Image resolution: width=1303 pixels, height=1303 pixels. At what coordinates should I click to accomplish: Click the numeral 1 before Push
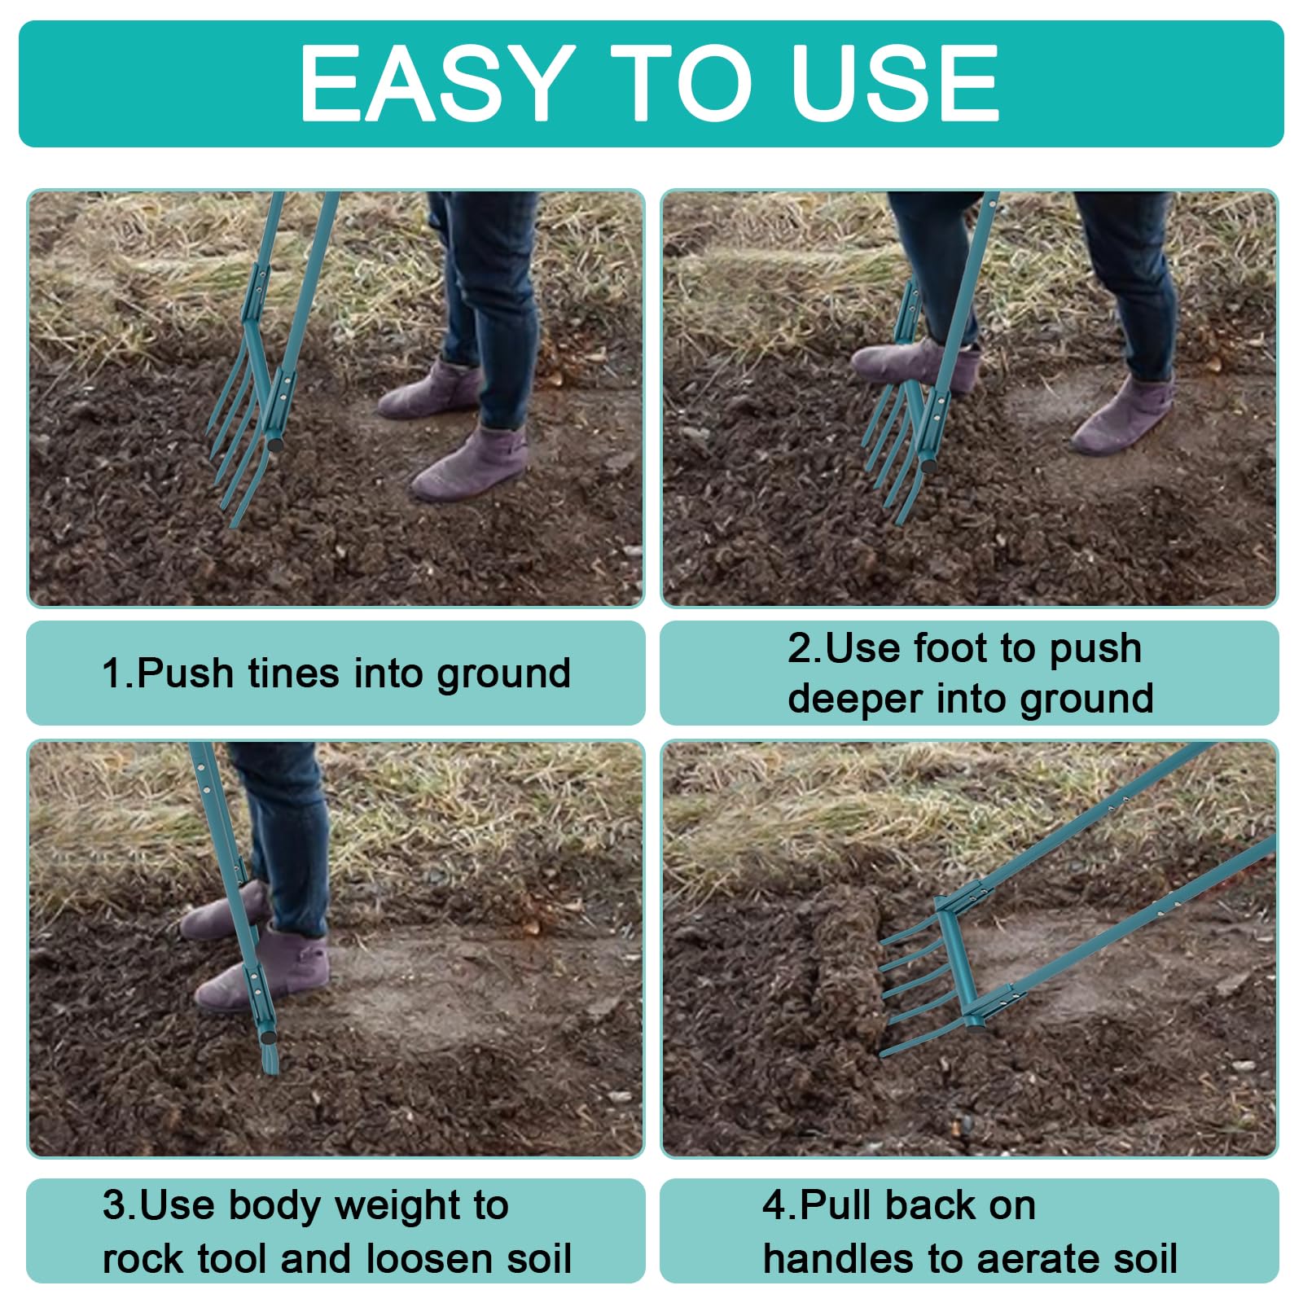pos(111,673)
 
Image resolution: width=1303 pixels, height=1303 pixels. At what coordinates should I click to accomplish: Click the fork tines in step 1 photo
pos(236,440)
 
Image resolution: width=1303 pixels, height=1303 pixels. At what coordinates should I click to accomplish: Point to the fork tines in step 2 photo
pos(892,456)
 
